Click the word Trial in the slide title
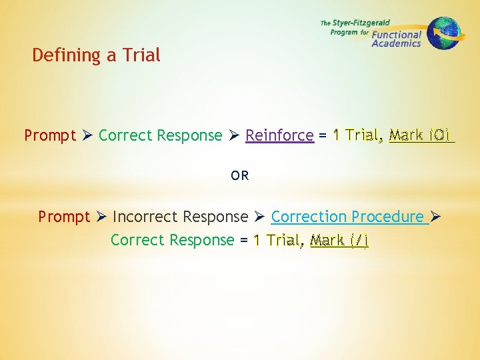pos(141,55)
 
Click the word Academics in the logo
pos(396,43)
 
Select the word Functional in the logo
pos(397,35)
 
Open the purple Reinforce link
pos(279,135)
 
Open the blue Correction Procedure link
pos(347,217)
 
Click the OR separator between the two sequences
pos(240,176)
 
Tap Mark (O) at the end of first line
pos(421,135)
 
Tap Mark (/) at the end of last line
pos(339,240)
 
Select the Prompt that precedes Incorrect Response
pos(63,217)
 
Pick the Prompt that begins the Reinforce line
pos(50,135)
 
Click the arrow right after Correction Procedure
pos(436,217)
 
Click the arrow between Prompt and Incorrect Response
pos(101,217)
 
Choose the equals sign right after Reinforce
pos(323,135)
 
